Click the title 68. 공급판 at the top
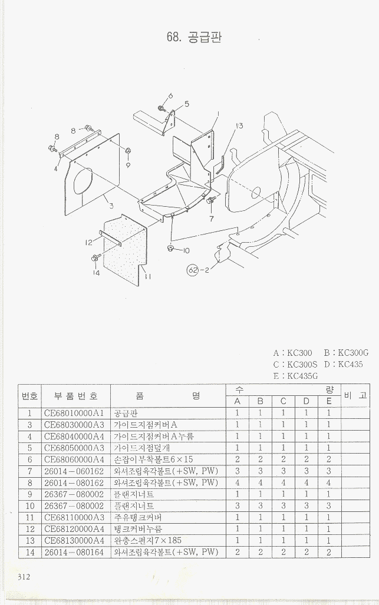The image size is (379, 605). tap(194, 37)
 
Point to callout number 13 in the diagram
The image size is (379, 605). tap(239, 125)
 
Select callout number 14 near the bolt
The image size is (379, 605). tap(96, 273)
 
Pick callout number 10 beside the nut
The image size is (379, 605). tap(186, 250)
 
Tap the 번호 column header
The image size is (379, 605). tap(29, 396)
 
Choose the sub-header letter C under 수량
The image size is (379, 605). tap(283, 402)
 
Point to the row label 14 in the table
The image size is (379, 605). tap(29, 553)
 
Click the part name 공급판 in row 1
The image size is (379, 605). tap(124, 413)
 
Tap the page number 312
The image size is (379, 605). tap(24, 576)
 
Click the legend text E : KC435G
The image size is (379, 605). tap(296, 376)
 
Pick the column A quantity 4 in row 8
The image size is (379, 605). tap(238, 482)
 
